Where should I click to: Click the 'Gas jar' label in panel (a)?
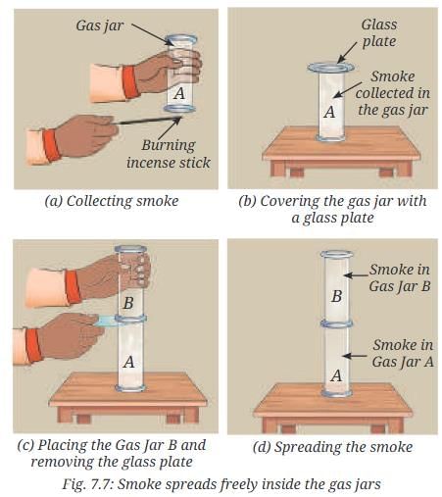click(99, 25)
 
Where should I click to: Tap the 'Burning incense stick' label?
click(169, 154)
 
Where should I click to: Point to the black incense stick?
click(148, 121)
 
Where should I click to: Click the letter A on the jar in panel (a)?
click(179, 93)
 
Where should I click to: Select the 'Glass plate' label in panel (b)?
click(379, 33)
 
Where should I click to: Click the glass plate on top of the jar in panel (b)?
click(330, 68)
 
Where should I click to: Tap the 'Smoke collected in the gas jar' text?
click(393, 93)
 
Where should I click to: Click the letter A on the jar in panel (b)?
click(330, 112)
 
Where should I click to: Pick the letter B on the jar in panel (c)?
click(128, 303)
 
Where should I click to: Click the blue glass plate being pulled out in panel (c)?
click(108, 321)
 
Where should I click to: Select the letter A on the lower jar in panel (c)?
click(129, 362)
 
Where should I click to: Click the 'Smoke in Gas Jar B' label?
click(400, 278)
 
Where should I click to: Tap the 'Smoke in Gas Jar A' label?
click(403, 353)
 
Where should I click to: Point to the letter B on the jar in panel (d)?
click(336, 296)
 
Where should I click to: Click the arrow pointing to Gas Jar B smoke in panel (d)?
click(357, 275)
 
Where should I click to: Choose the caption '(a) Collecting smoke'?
click(112, 201)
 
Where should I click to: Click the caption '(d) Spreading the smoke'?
click(332, 447)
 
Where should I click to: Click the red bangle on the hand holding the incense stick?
click(51, 145)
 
